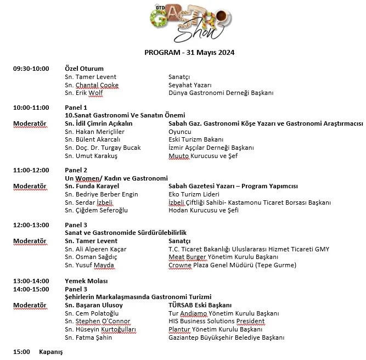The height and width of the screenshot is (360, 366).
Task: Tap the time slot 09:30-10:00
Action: coord(31,69)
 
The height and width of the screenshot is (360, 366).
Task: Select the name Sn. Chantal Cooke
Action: coord(91,85)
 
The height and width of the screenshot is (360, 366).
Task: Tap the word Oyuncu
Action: coord(179,132)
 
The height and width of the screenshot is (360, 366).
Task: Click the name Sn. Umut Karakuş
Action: coord(89,156)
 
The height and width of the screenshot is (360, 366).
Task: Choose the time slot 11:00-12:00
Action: coord(31,170)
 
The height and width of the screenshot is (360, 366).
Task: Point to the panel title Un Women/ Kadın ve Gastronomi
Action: coord(116,178)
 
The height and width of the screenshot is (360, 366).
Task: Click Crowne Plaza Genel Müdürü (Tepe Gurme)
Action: coord(232,266)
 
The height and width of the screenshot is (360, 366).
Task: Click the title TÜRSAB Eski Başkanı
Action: coord(200,305)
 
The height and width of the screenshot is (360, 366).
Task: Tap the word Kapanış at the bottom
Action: coord(51,351)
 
